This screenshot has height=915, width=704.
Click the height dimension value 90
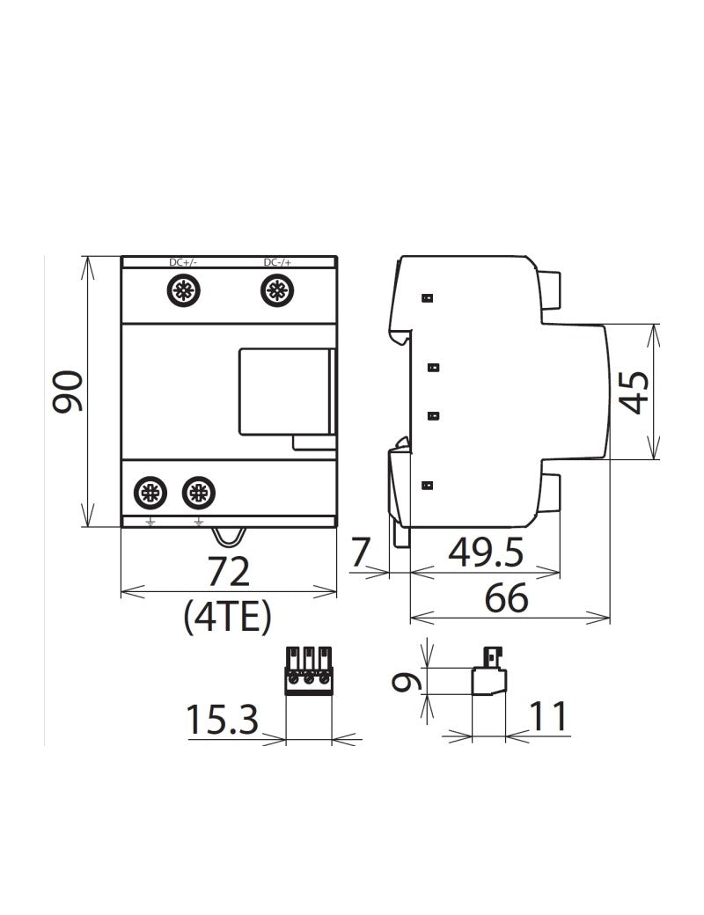click(x=67, y=392)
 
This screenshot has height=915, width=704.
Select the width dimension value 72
click(x=229, y=573)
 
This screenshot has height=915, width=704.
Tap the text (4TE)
click(x=227, y=619)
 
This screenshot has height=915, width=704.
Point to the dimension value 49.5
click(x=486, y=553)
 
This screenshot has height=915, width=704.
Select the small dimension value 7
click(x=360, y=553)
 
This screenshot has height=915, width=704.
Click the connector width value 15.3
click(x=222, y=721)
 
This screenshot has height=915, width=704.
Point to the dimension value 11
click(x=548, y=718)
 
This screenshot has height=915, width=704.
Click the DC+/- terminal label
click(x=183, y=262)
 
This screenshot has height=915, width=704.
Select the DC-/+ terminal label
click(x=278, y=262)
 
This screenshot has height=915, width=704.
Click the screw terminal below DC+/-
click(x=184, y=290)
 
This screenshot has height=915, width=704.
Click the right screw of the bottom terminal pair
click(x=197, y=493)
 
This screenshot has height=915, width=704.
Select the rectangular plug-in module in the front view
click(x=286, y=392)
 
